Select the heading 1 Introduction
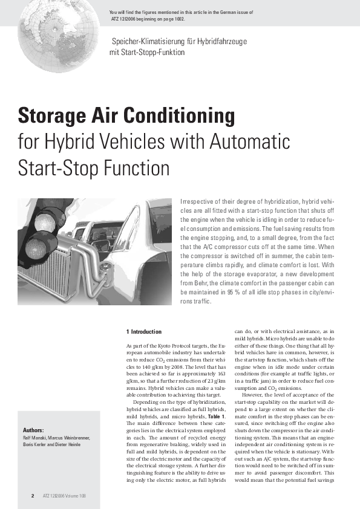144,332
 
